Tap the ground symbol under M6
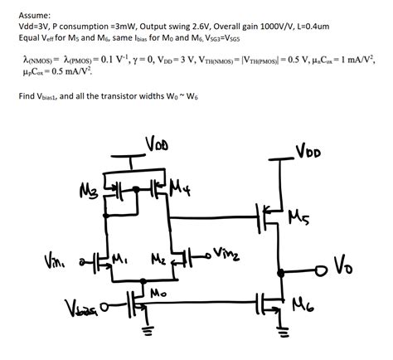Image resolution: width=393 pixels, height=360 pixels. coord(283,335)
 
